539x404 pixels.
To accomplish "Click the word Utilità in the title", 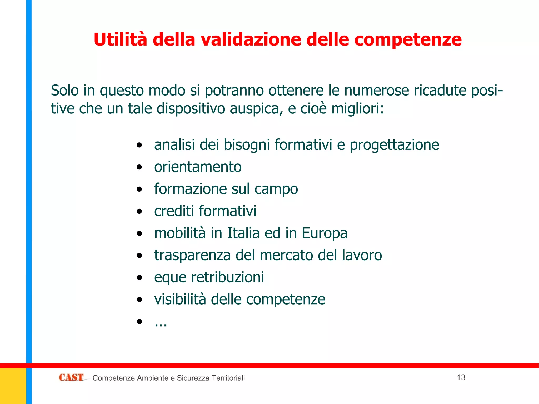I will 120,39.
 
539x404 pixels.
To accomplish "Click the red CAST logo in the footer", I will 71,377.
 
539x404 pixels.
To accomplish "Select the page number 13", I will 461,377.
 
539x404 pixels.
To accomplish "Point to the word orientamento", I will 198,167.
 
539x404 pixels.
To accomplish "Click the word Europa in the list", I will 324,233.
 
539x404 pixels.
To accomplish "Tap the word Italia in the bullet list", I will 243,233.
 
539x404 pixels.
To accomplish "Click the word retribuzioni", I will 227,277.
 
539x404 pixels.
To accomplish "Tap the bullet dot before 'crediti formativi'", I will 139,211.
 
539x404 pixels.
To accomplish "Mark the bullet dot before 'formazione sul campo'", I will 139,189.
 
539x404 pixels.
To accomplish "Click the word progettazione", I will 394,145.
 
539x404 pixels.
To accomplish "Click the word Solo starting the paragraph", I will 65,90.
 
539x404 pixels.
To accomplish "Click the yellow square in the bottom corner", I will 13,386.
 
